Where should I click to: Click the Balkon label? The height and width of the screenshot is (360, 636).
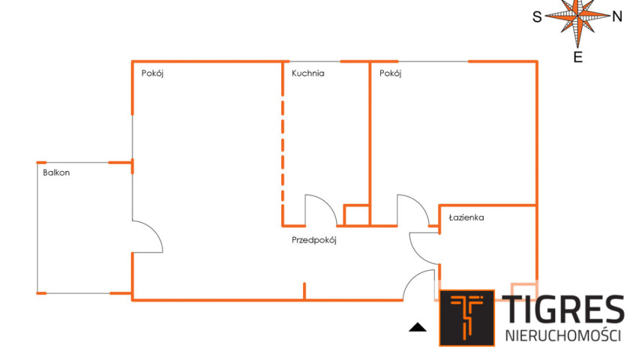(56, 172)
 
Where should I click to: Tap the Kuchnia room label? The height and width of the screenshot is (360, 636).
(307, 73)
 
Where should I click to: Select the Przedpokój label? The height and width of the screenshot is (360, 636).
(314, 240)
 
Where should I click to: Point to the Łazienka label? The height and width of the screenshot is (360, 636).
(466, 217)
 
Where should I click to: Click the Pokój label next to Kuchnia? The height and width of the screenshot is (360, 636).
(390, 73)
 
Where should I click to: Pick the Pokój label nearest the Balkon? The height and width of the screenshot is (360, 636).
(152, 73)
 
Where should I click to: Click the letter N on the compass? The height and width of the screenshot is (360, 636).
(617, 16)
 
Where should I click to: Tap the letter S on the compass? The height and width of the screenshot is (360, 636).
(537, 17)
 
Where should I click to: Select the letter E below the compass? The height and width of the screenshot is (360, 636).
(578, 57)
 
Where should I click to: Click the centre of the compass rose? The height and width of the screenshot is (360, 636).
(577, 16)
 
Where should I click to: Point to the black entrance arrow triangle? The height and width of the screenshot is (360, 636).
(417, 327)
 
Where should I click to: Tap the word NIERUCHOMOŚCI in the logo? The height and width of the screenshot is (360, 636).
(563, 336)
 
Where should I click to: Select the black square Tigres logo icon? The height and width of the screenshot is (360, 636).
(466, 318)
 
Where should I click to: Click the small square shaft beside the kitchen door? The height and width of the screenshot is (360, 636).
(356, 215)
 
